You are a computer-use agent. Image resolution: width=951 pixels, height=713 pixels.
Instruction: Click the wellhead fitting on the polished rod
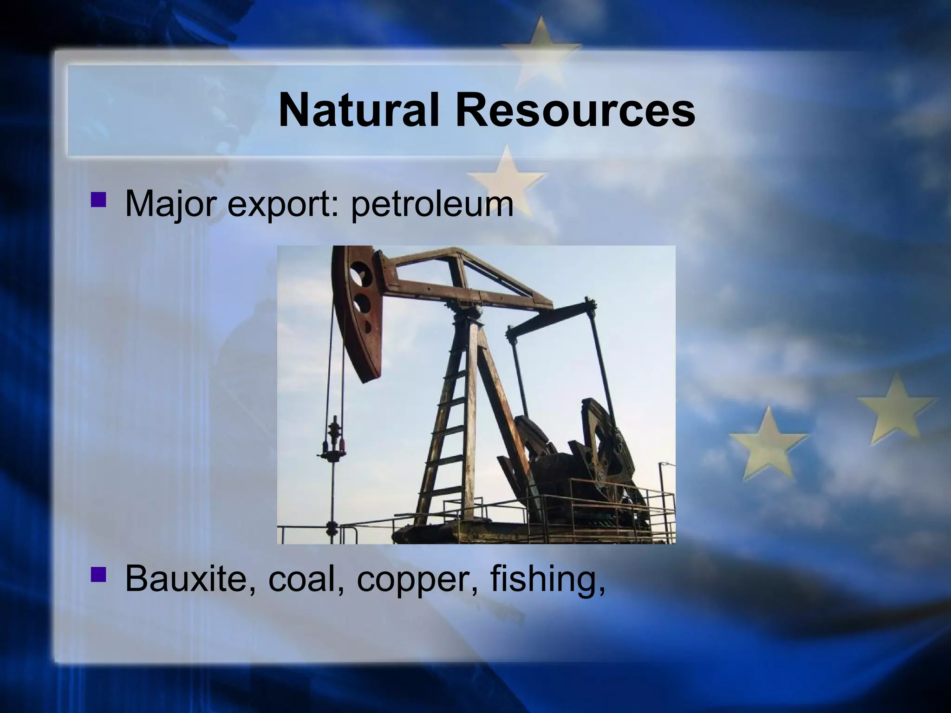(x=333, y=441)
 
